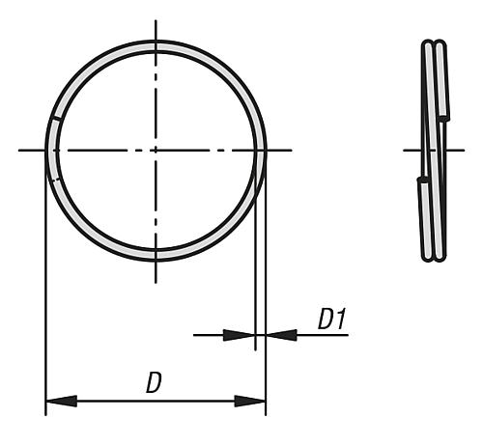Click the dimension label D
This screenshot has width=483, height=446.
153,382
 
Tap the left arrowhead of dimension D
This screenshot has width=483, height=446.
60,401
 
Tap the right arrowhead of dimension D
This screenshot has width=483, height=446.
250,401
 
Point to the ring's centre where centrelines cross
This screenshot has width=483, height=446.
156,150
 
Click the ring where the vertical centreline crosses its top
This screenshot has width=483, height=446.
156,45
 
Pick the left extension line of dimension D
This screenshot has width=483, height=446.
45,290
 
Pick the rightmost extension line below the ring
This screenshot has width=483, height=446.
266,290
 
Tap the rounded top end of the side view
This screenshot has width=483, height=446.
434,42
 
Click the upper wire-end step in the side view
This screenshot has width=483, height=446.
443,118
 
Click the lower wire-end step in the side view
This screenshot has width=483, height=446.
423,180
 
